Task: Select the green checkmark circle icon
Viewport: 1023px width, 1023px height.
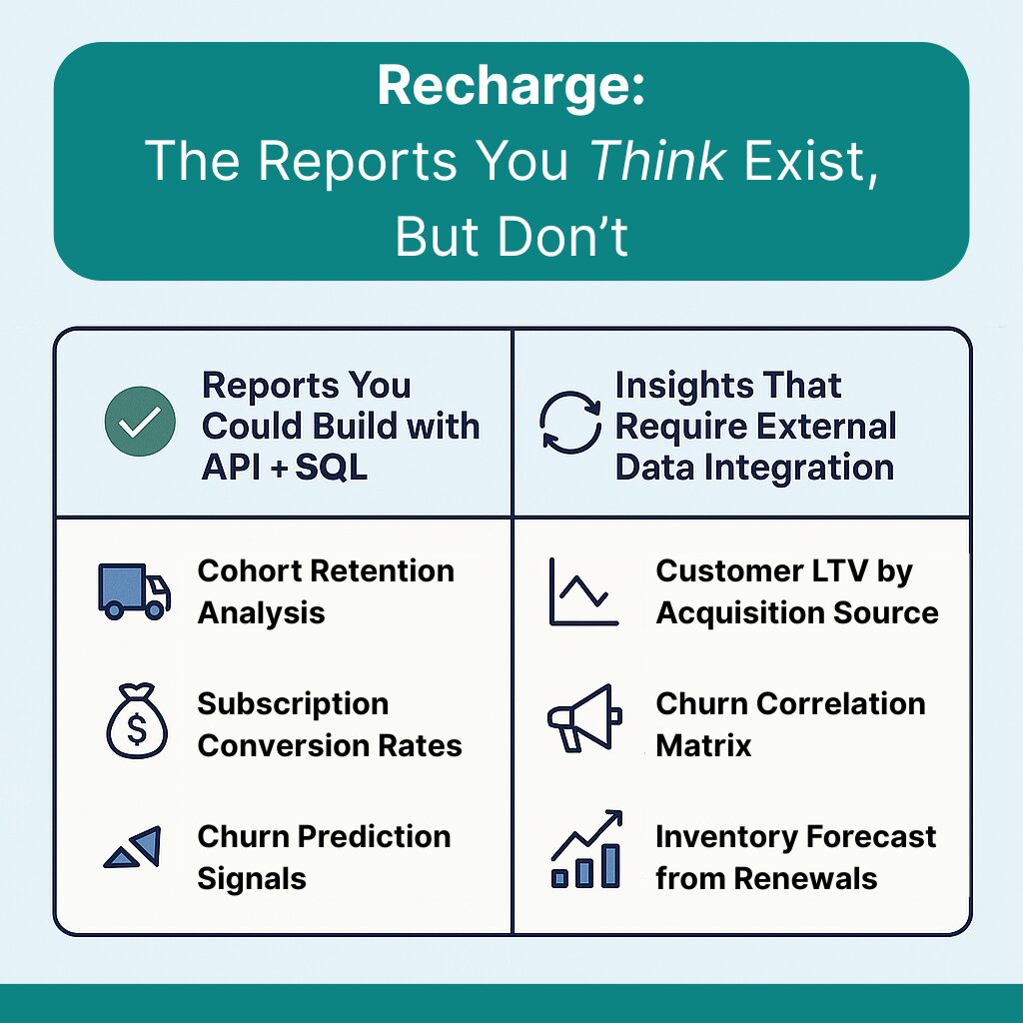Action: click(140, 421)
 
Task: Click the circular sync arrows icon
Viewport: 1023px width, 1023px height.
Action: click(570, 422)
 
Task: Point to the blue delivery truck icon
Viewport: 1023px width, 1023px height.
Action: click(135, 591)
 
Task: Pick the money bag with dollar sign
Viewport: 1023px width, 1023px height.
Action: click(137, 721)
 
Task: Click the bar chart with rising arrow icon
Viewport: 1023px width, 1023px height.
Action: click(586, 849)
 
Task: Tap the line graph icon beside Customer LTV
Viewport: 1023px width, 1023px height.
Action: click(582, 591)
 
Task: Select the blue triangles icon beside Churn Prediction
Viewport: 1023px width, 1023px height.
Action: click(133, 848)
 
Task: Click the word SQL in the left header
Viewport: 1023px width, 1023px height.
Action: click(331, 468)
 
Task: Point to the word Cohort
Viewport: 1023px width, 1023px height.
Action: click(248, 570)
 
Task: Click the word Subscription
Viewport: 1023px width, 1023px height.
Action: click(293, 704)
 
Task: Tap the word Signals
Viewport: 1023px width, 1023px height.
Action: click(252, 879)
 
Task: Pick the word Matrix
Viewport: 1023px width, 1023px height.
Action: click(703, 745)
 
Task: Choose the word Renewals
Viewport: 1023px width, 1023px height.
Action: click(806, 879)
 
